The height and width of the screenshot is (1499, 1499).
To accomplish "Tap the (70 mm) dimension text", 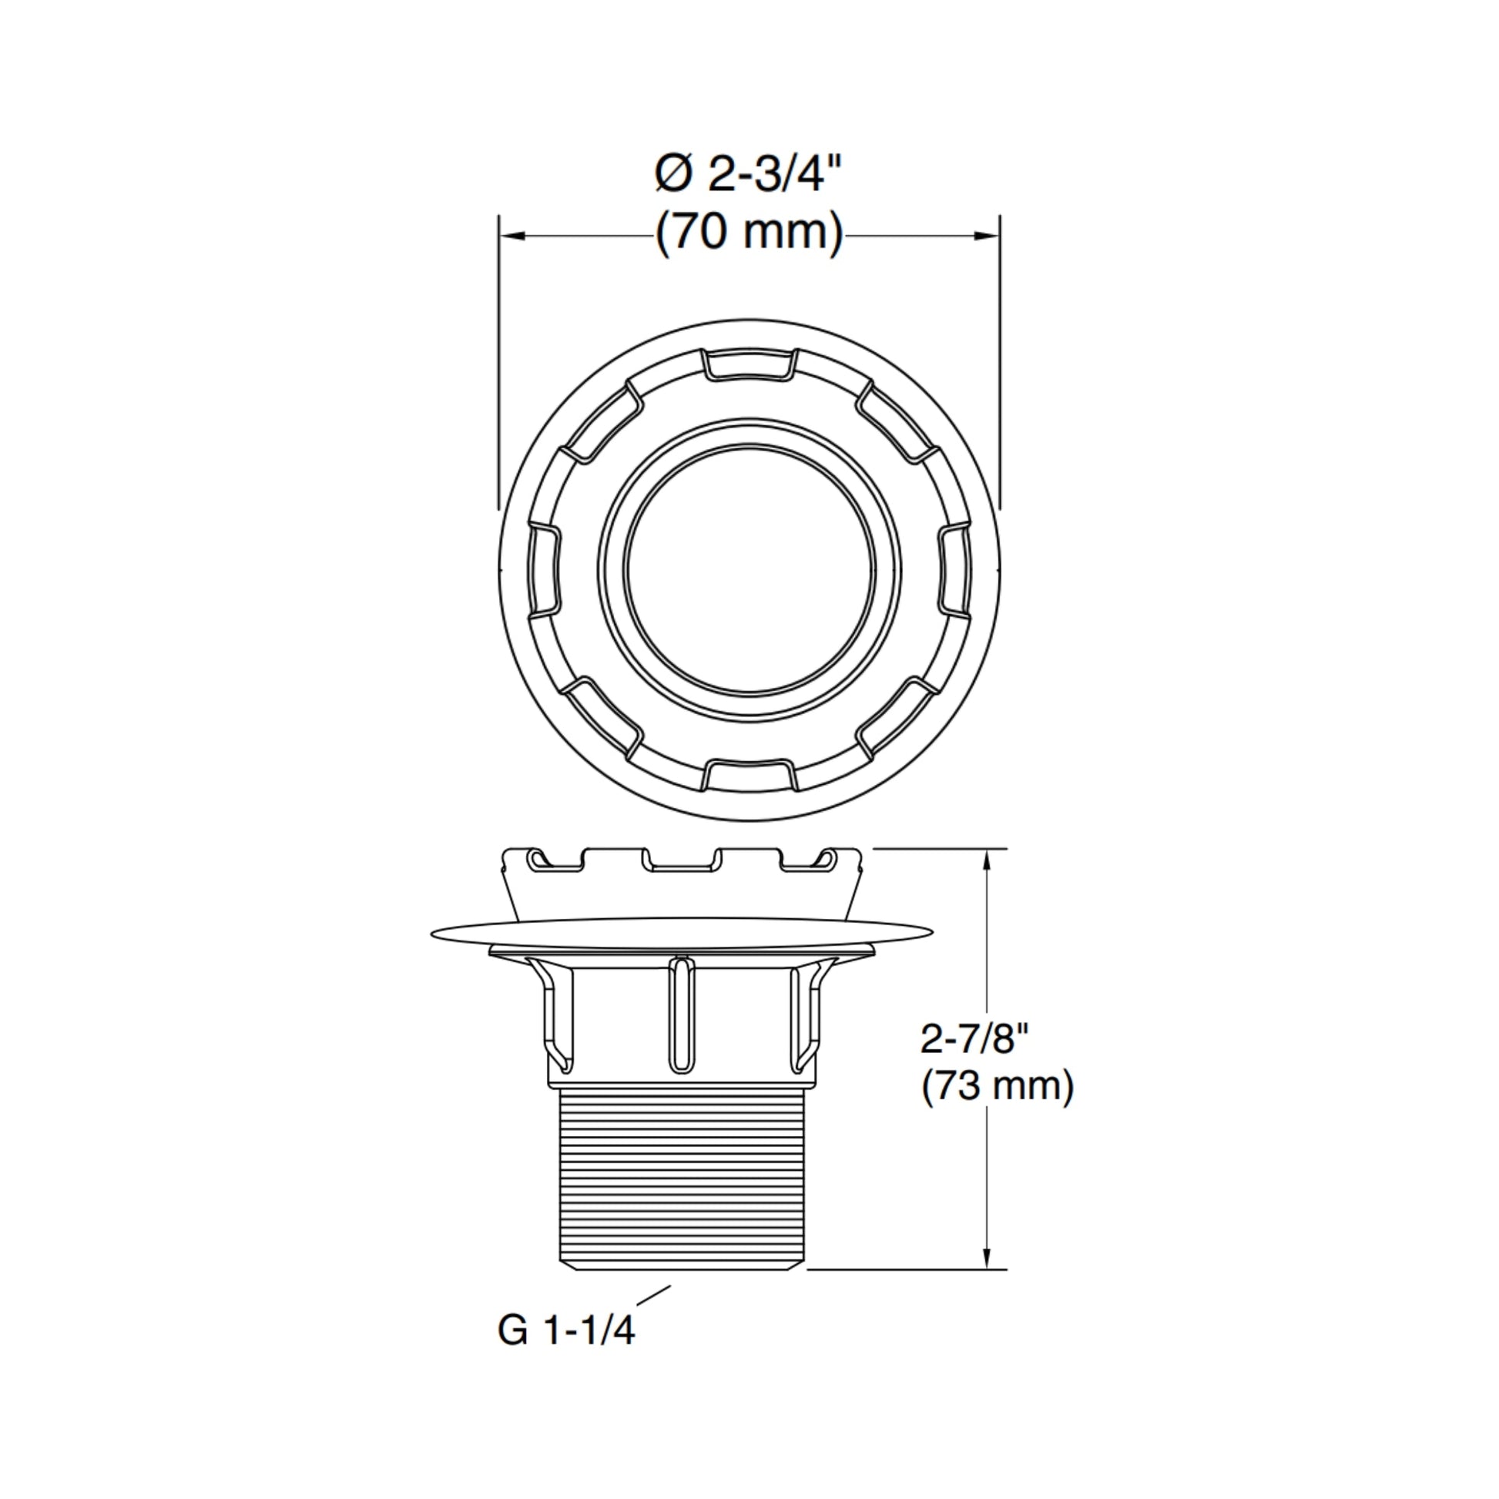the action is pyautogui.click(x=749, y=231).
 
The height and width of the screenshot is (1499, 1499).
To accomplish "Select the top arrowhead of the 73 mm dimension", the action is pyautogui.click(x=987, y=860).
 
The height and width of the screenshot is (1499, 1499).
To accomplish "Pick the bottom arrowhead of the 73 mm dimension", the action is pyautogui.click(x=987, y=1258).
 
